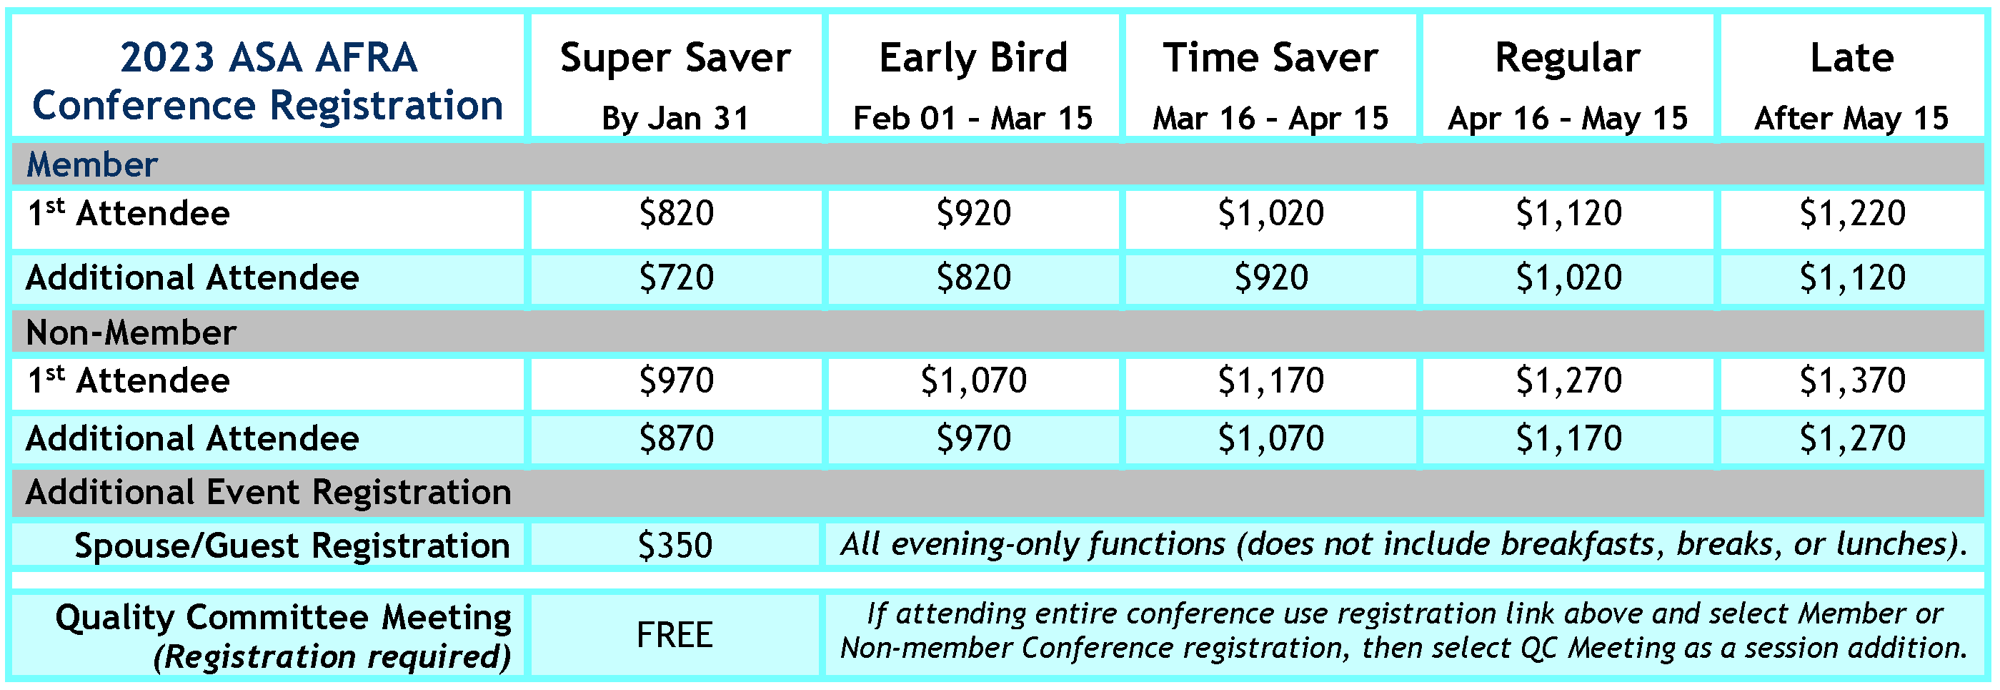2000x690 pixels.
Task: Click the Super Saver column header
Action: point(675,59)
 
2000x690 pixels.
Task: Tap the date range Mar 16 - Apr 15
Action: point(1270,119)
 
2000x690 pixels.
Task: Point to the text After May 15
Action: point(1851,119)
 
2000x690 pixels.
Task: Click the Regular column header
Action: point(1568,59)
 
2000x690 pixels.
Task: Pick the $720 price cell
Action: point(675,278)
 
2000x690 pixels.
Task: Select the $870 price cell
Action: point(675,439)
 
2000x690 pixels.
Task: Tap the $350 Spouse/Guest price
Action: point(675,546)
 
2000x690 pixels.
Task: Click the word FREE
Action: point(674,635)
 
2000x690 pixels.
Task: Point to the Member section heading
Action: point(91,164)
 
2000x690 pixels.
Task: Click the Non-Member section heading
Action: point(131,332)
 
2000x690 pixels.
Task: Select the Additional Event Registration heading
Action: point(268,493)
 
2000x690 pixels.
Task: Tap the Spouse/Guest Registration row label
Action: point(292,546)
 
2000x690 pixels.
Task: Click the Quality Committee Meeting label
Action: point(284,618)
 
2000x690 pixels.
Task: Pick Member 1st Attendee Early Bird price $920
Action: point(974,214)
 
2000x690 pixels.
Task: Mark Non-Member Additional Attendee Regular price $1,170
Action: point(1568,439)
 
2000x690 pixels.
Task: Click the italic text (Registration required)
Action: point(332,657)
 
